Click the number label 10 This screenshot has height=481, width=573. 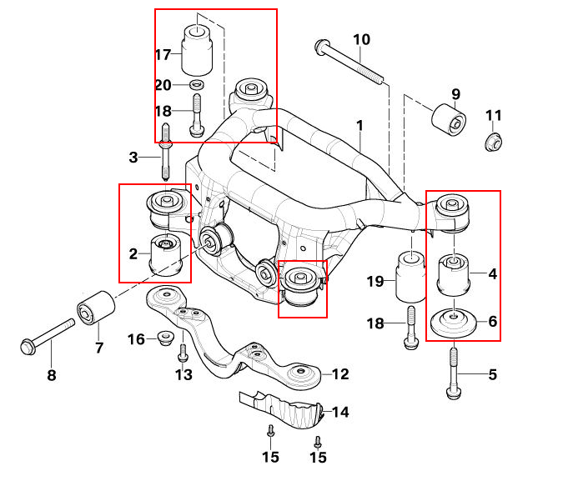coord(360,39)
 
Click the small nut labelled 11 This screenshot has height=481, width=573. coord(494,141)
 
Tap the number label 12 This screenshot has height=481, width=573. coord(339,373)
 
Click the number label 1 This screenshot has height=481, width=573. coord(359,126)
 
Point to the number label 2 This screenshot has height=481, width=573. coord(133,252)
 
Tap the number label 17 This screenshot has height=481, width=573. coord(163,55)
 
